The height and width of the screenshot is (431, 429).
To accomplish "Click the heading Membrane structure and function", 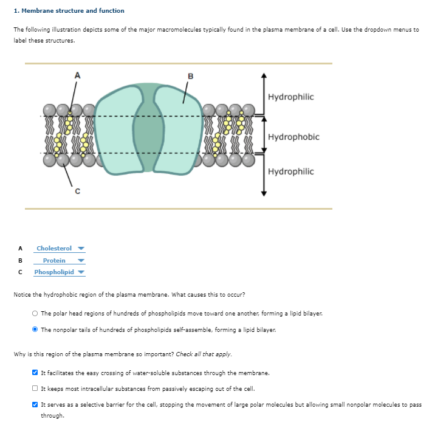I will pos(69,10).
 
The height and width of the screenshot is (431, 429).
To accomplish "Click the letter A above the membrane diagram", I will pos(77,75).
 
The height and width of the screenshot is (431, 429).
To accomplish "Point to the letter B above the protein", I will pos(190,75).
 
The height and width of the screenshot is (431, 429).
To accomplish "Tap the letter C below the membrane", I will pos(77,191).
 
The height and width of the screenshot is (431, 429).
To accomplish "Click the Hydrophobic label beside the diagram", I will pos(293,137).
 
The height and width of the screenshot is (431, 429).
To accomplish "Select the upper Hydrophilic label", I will pos(291,97).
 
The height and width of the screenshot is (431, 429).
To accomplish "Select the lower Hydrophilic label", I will pos(291,171).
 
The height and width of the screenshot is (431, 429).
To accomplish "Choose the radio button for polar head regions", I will pos(35,312).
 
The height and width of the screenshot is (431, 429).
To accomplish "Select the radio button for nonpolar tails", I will pos(35,329).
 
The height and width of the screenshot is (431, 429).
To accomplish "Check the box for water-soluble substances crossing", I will pos(35,373).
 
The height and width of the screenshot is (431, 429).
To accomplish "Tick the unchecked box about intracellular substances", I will pos(35,388).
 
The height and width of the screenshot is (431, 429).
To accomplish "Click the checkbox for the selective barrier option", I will pos(35,404).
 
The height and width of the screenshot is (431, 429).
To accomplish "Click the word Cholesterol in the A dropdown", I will pos(54,248).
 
